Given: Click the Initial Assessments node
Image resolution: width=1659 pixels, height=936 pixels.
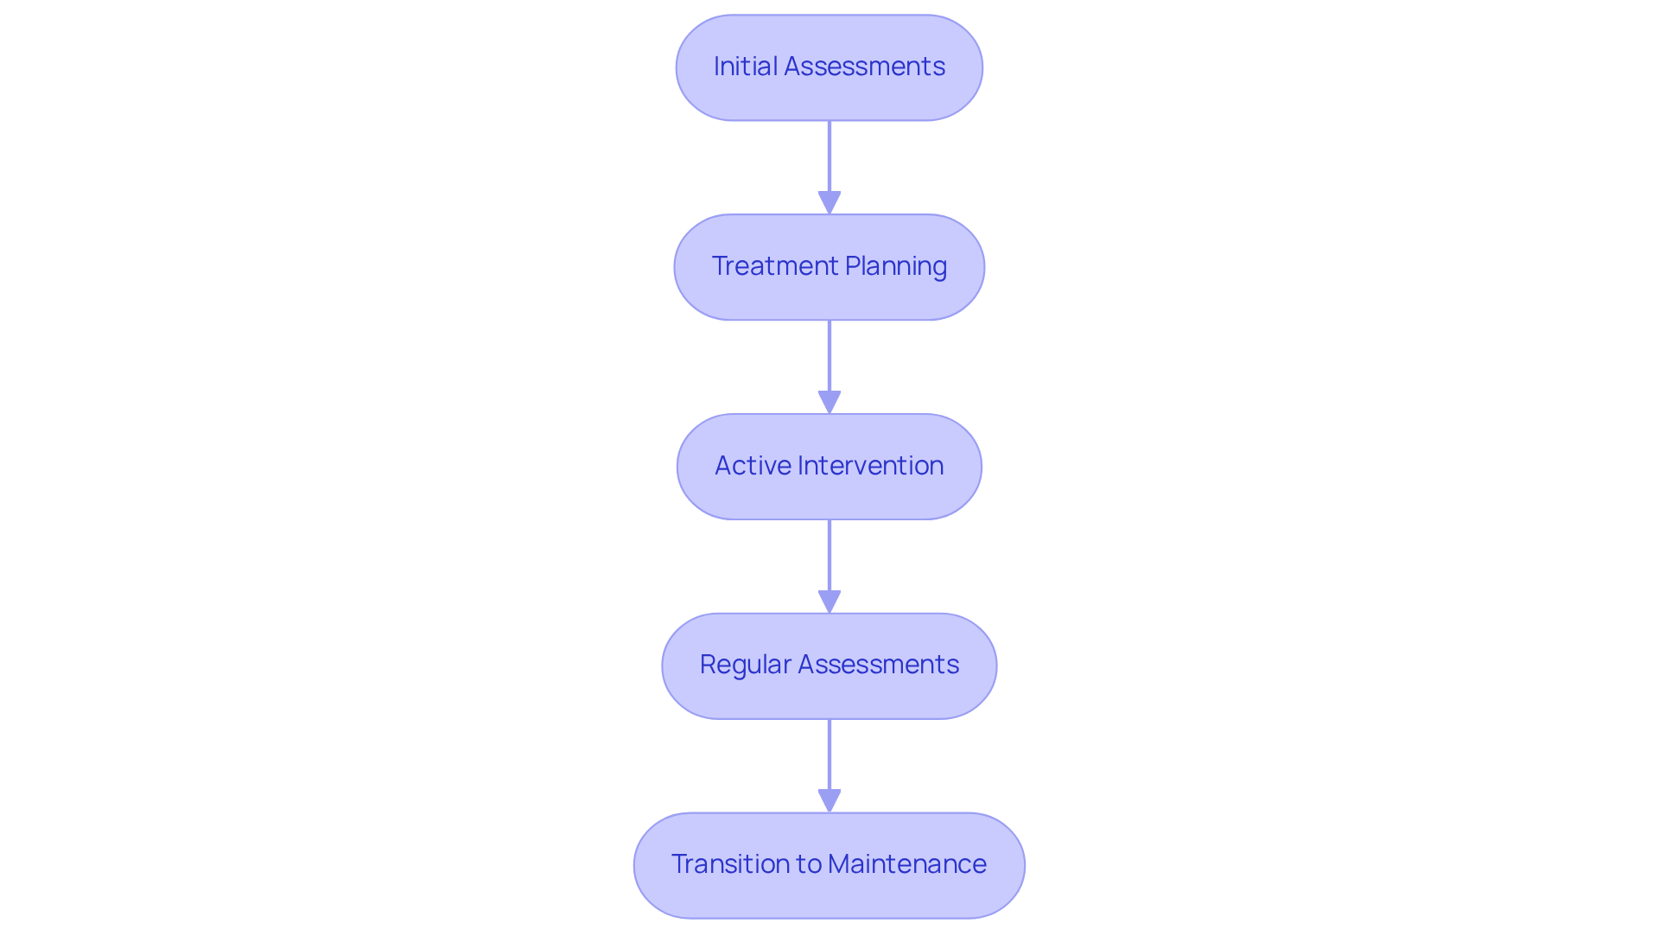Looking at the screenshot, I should tap(829, 67).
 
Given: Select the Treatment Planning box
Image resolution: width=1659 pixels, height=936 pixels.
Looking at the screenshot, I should tap(829, 267).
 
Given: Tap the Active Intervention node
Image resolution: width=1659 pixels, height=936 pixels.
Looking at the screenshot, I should tap(829, 467).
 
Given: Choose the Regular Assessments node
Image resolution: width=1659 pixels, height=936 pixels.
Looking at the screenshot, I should tap(829, 665).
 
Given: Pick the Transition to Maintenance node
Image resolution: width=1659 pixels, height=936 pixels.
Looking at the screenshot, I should tap(829, 865).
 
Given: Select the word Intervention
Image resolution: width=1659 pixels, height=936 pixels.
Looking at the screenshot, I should tap(870, 466).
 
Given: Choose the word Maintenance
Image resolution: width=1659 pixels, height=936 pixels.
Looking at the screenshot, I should tap(906, 864).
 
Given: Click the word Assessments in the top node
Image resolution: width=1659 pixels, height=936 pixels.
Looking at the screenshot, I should tap(864, 67).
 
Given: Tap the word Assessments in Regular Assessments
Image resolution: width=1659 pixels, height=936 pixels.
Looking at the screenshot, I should tap(877, 665).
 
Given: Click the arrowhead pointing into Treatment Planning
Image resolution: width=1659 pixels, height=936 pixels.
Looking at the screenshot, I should tap(829, 203).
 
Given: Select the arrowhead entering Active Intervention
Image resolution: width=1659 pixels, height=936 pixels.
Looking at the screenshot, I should tap(829, 403).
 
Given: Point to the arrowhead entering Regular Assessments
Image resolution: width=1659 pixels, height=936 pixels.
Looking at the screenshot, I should tap(829, 602).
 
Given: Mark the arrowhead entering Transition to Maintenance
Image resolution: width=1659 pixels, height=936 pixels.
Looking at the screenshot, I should tap(829, 801).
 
